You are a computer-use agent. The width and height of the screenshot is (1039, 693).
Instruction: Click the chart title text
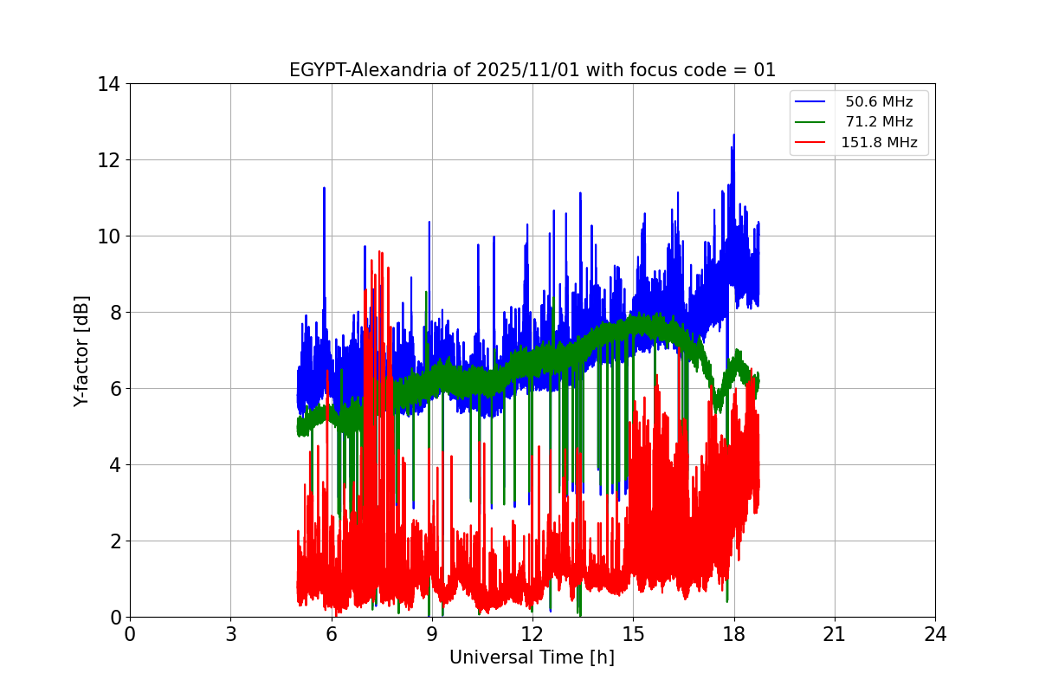(x=532, y=70)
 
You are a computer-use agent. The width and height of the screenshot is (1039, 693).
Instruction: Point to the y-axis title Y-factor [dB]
(x=81, y=351)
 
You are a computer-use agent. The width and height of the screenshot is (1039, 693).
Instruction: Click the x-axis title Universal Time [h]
(x=532, y=657)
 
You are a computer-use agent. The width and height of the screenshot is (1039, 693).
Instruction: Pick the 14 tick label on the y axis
(x=108, y=84)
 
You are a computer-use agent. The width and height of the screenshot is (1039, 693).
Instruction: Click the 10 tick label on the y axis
(x=108, y=236)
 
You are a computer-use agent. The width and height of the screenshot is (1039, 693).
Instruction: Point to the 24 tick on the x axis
(x=935, y=634)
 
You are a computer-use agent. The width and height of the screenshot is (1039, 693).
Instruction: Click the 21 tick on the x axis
(x=835, y=634)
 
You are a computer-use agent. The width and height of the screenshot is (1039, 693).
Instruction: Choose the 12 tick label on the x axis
(x=532, y=634)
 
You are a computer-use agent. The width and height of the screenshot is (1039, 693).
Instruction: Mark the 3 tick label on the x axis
(x=230, y=634)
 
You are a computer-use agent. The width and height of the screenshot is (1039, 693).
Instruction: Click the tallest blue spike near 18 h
(x=733, y=136)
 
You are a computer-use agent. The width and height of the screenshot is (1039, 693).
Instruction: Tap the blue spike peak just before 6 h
(x=324, y=189)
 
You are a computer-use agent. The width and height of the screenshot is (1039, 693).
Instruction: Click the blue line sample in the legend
(x=812, y=102)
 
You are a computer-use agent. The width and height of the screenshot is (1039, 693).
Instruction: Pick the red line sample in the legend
(x=812, y=143)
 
